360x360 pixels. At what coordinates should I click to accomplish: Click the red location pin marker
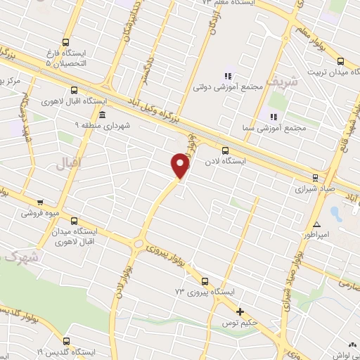[180, 165]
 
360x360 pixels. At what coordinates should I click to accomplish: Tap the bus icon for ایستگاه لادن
[225, 150]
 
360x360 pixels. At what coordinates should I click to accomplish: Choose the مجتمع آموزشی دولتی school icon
[226, 76]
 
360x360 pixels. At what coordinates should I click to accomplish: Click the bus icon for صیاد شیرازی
[315, 177]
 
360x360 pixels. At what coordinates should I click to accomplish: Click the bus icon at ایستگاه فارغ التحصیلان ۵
[65, 41]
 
